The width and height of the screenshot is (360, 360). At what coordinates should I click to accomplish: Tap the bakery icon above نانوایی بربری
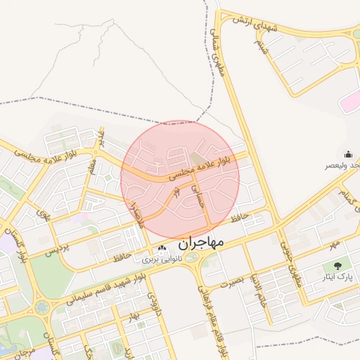(163, 248)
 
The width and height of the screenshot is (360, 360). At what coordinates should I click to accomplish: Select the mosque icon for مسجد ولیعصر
(347, 153)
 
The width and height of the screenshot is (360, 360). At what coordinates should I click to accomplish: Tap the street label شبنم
(262, 48)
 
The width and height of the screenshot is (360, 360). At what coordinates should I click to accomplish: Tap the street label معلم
(92, 169)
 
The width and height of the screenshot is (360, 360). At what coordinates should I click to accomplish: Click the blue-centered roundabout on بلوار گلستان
(42, 307)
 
